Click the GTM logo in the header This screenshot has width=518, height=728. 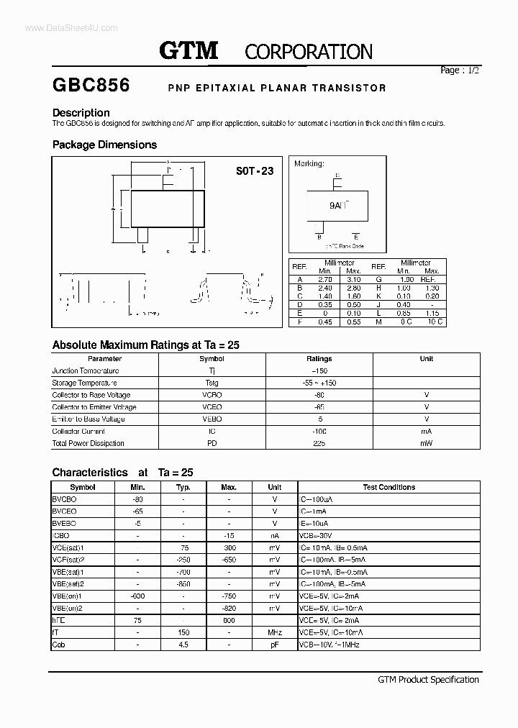tap(188, 50)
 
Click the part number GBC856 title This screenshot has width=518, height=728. tap(91, 86)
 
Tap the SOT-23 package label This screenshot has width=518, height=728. tap(255, 171)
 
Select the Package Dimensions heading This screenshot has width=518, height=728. tap(104, 145)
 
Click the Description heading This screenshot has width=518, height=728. tap(81, 113)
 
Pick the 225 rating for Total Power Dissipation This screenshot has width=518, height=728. tap(319, 443)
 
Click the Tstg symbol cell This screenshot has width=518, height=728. tap(212, 383)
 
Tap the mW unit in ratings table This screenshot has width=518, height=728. tap(426, 443)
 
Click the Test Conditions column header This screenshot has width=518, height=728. tap(388, 487)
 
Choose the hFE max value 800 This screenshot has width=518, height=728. tap(229, 620)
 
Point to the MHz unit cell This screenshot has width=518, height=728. tap(274, 632)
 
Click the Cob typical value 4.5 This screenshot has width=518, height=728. tap(183, 645)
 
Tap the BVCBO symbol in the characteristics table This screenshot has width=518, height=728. tap(65, 499)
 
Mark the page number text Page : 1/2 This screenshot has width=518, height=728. tap(459, 70)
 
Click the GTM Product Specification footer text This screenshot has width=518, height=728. tap(428, 679)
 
